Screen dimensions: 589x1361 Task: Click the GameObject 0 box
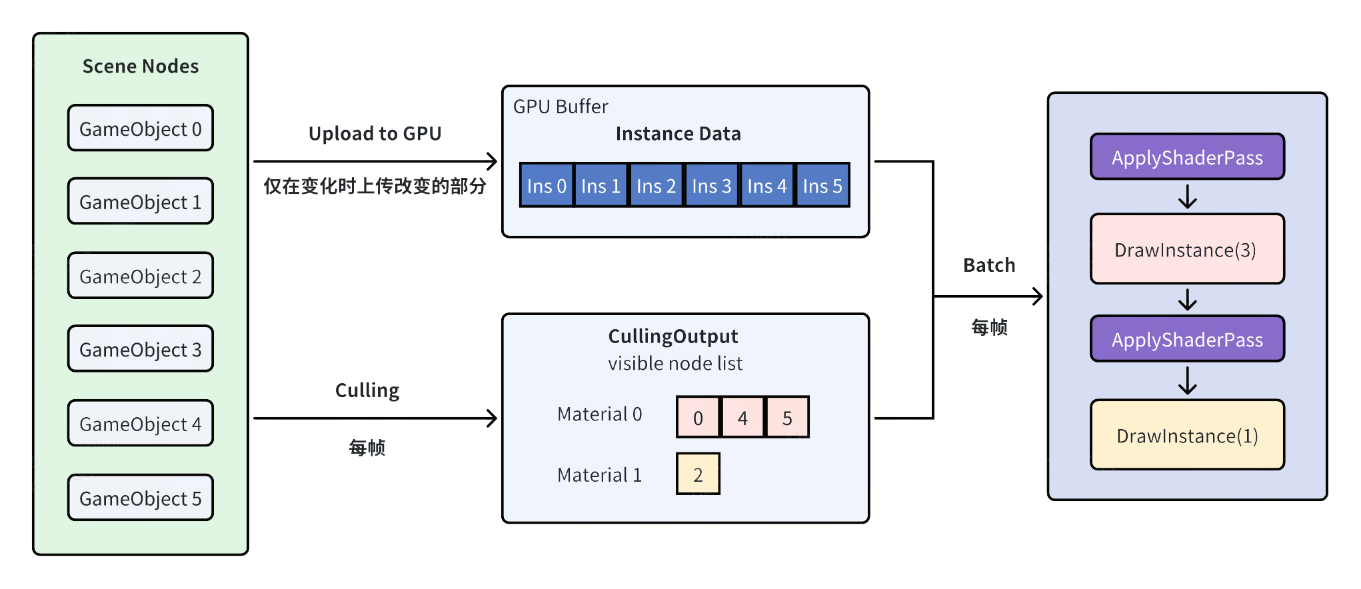(x=140, y=128)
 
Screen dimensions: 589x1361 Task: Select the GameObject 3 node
(x=140, y=348)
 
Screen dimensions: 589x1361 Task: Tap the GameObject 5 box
(x=140, y=498)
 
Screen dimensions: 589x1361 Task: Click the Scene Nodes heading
(x=141, y=66)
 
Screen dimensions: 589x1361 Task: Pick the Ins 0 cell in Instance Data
(x=547, y=185)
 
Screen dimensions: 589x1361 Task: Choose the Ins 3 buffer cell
(x=711, y=185)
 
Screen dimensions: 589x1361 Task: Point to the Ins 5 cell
(x=822, y=185)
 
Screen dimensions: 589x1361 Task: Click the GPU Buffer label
(x=561, y=107)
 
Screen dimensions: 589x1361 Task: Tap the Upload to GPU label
(x=375, y=133)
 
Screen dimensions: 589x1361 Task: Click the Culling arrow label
(x=367, y=390)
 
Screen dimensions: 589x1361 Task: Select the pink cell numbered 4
(x=742, y=417)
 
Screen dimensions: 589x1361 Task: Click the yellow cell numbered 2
(x=698, y=474)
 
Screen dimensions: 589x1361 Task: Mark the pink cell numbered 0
(x=698, y=417)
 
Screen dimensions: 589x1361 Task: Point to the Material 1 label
(x=599, y=474)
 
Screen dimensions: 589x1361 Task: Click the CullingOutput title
(x=673, y=336)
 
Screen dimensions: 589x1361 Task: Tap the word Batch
(x=989, y=265)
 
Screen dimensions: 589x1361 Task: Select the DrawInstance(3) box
(x=1187, y=249)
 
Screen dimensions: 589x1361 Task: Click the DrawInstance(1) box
(x=1187, y=435)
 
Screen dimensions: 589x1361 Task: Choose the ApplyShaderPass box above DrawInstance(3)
(x=1187, y=157)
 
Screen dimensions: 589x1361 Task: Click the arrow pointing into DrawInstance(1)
(x=1187, y=381)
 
